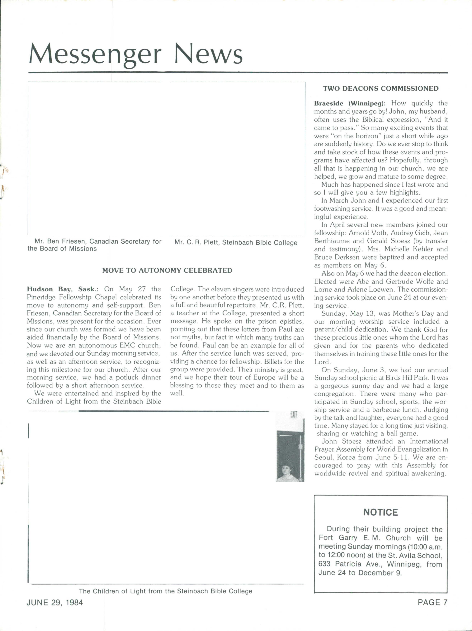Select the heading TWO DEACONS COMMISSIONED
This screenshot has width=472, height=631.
pyautogui.click(x=381, y=88)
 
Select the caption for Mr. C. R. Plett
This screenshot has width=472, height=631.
pyautogui.click(x=236, y=243)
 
